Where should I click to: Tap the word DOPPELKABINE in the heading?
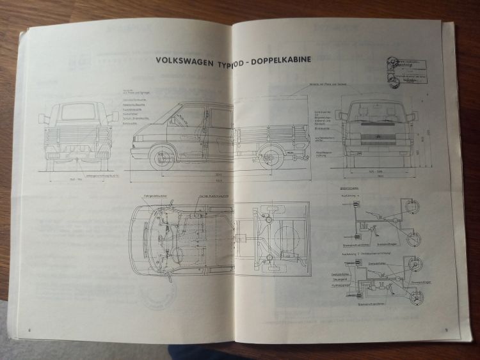280,59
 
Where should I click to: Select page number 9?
445,330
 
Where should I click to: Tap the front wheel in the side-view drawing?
162,157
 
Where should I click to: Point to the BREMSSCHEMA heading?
354,190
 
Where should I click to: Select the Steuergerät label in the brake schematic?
340,279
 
